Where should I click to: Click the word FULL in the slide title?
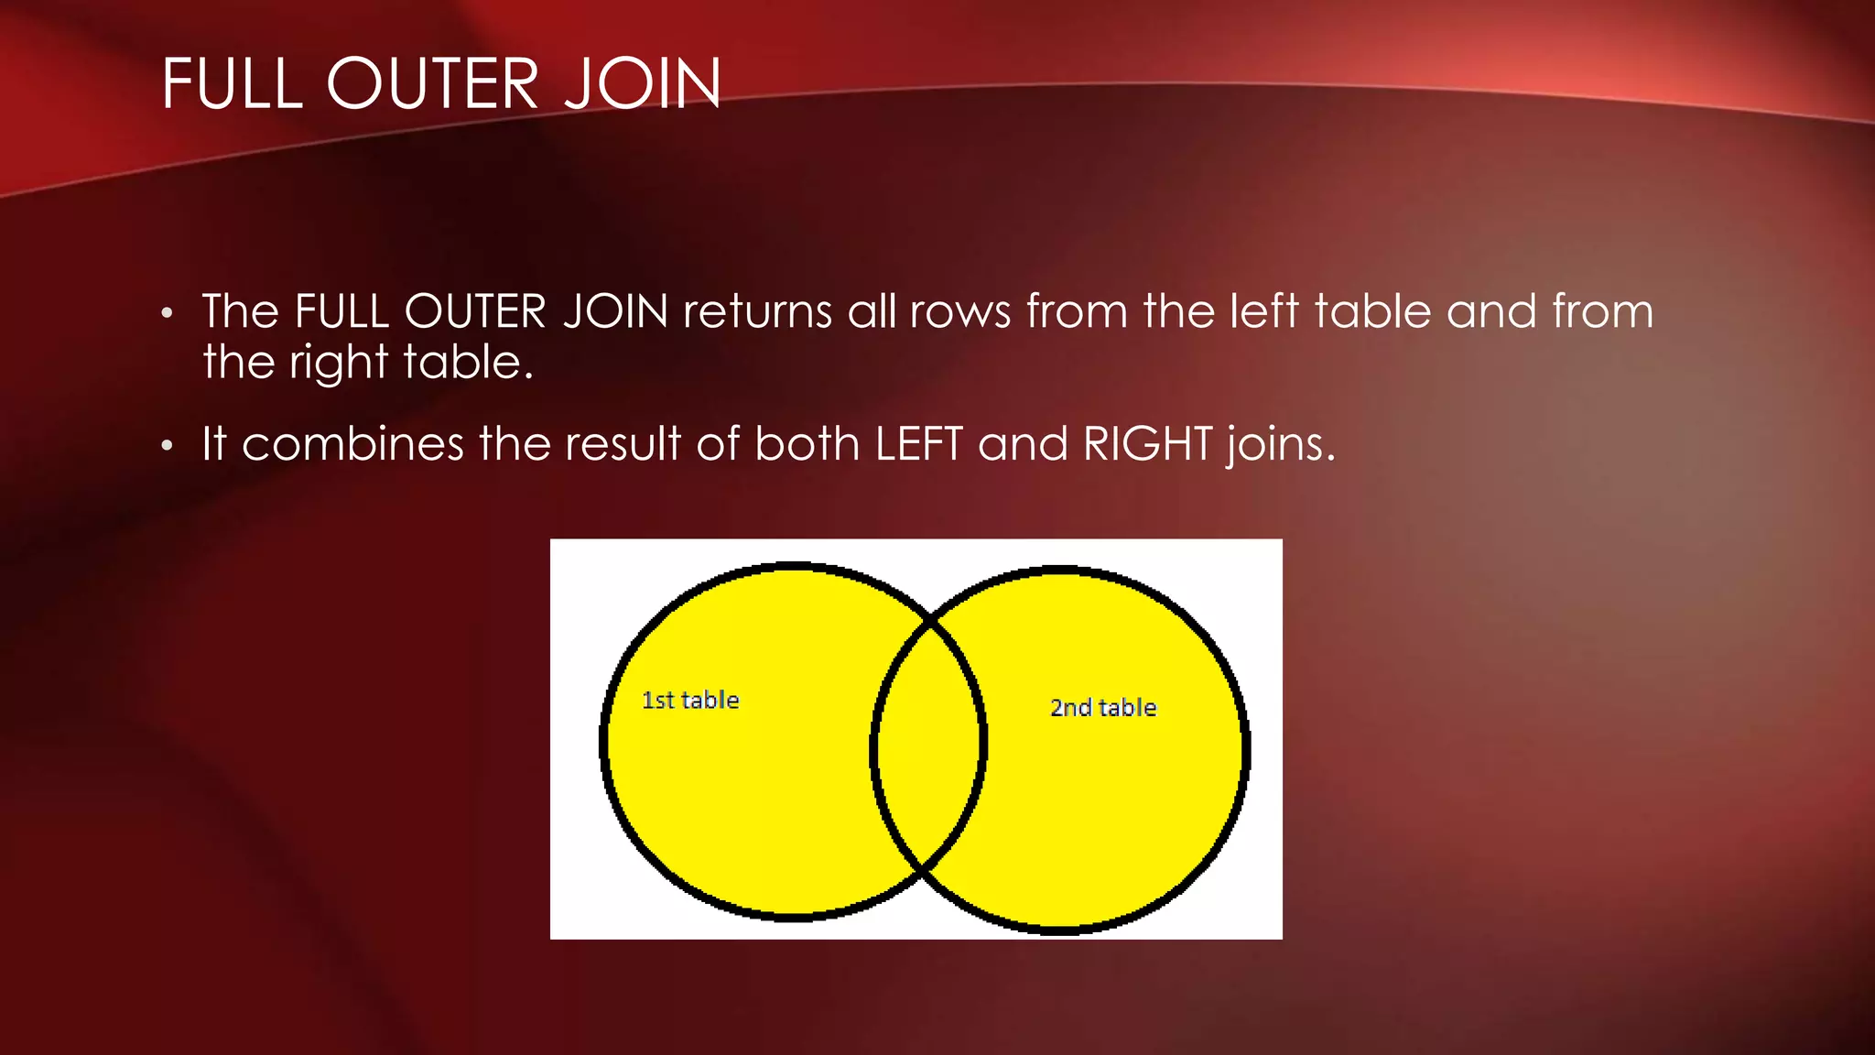pos(232,84)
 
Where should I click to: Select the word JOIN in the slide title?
pos(643,84)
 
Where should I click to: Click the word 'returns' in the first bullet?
pos(757,311)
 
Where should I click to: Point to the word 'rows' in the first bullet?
pos(960,311)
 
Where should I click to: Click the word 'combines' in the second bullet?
pos(353,444)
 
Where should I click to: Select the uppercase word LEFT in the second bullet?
pos(918,444)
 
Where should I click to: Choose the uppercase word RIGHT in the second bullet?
pos(1148,444)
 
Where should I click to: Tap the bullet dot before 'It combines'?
pos(167,447)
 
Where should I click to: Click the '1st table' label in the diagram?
pos(690,701)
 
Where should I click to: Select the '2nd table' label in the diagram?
pos(1103,708)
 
